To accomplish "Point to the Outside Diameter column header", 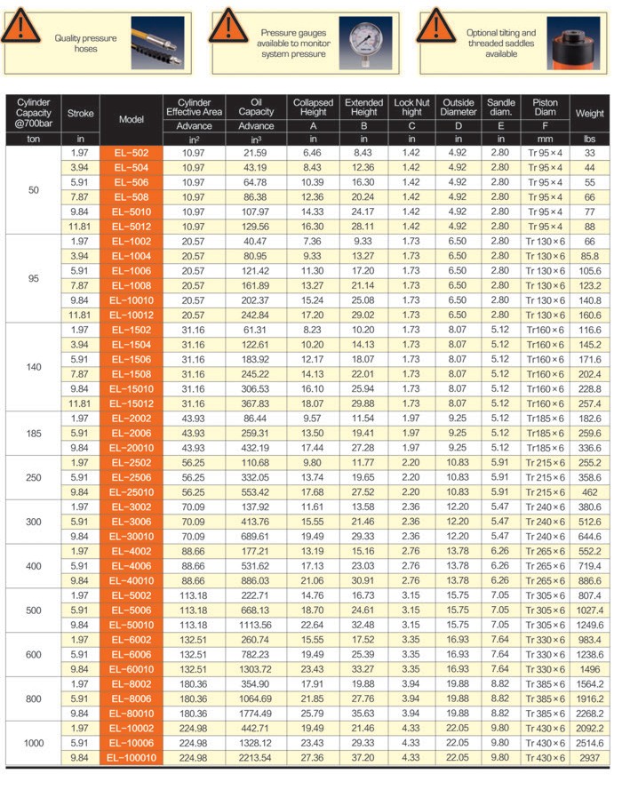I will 459,108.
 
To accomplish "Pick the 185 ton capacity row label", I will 34,433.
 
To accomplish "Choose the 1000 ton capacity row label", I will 34,743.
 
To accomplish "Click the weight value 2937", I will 590,757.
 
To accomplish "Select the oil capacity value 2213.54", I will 257,757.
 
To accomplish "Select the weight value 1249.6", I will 590,625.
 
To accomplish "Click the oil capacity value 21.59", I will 257,153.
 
